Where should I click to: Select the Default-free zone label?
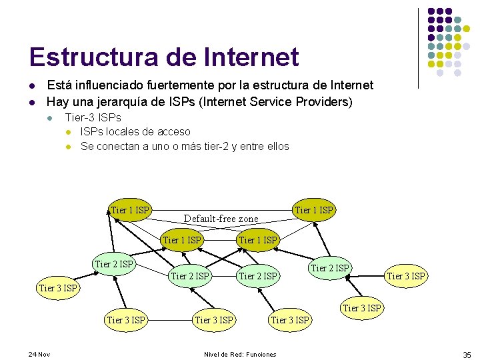221,219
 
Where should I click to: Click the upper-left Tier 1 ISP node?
131,210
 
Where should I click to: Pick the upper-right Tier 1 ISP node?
314,210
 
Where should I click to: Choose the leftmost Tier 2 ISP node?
115,264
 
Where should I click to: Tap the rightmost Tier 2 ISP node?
330,268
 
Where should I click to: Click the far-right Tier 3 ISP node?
407,276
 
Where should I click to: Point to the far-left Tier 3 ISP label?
58,288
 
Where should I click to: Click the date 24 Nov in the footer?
39,354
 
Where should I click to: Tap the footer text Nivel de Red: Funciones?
240,354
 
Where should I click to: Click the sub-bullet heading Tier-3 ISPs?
93,118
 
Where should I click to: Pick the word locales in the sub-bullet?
127,132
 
